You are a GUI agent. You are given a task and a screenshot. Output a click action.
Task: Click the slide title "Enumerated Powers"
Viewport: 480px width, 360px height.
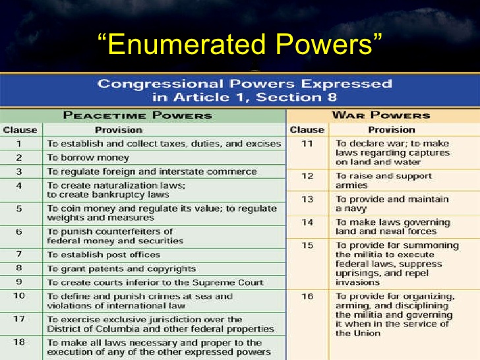pos(240,44)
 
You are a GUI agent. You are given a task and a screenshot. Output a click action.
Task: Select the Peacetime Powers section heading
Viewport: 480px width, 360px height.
pos(137,115)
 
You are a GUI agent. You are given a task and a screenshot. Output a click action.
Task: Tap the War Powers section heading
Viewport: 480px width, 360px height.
pos(381,115)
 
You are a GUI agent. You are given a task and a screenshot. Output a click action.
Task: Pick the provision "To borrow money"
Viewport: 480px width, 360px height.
pos(88,158)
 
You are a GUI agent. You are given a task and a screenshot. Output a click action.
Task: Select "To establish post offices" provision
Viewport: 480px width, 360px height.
pos(104,255)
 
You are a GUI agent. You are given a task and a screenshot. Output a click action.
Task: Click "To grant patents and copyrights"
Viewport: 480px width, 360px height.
pos(121,269)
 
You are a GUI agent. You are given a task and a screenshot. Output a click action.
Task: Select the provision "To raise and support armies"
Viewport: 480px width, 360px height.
pos(384,181)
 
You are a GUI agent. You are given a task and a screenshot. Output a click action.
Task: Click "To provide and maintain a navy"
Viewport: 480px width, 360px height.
pos(392,204)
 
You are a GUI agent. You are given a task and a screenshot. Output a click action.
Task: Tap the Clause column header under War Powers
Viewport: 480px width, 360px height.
pos(307,130)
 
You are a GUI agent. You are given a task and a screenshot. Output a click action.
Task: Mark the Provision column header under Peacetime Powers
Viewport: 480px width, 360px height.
pos(119,130)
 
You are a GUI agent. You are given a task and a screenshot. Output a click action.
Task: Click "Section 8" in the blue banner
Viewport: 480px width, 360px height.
pos(296,98)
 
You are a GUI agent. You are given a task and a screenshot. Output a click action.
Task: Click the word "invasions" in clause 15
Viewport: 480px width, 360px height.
pos(357,282)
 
